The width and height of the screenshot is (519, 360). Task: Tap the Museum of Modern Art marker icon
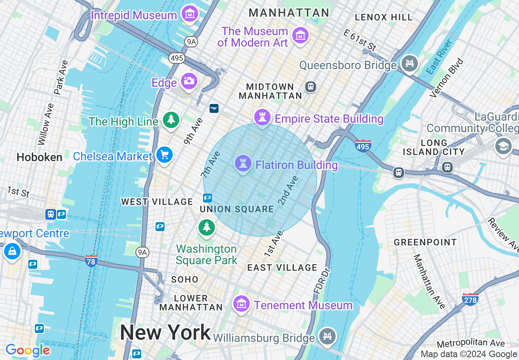click(x=300, y=36)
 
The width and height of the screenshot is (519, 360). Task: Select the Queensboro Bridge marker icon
click(x=410, y=64)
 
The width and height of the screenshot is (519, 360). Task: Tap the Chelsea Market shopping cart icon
click(x=165, y=155)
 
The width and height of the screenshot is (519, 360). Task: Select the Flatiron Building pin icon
click(x=243, y=164)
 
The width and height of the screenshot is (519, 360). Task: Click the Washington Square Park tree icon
click(x=207, y=227)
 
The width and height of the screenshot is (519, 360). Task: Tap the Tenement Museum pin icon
click(x=241, y=304)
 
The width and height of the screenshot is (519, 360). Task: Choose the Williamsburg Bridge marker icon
click(x=327, y=337)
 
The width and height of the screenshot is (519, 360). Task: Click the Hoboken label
click(x=40, y=157)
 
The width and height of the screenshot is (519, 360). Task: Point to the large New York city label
click(x=165, y=332)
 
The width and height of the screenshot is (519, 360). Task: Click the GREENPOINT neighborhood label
click(x=425, y=242)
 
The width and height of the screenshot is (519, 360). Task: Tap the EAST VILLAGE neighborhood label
click(x=282, y=268)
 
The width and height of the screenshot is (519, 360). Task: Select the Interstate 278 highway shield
click(x=470, y=299)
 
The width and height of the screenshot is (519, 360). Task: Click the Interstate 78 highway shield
click(x=91, y=261)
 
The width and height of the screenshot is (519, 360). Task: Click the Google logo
click(x=27, y=350)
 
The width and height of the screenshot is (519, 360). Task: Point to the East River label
click(x=439, y=57)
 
